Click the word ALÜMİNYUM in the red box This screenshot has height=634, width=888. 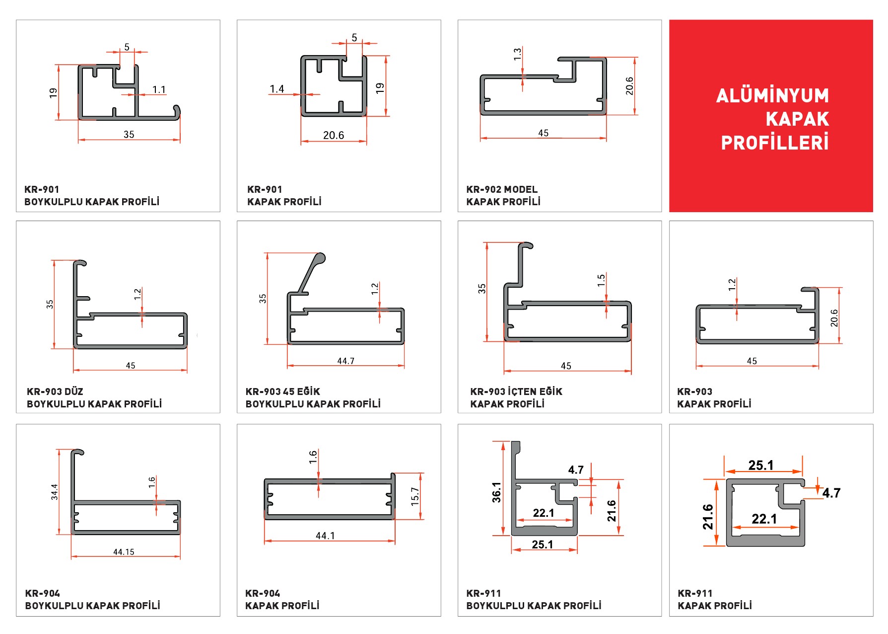(772, 95)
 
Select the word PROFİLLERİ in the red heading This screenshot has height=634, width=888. (775, 143)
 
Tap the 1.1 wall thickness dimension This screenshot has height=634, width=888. (159, 89)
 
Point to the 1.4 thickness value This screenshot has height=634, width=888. (277, 89)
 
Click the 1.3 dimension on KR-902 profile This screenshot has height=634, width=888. (517, 54)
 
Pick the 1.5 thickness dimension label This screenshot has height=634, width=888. (601, 280)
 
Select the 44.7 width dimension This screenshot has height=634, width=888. (345, 361)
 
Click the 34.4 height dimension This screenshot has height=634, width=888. (54, 492)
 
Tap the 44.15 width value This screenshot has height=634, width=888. (124, 552)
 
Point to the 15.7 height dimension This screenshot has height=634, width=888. (415, 496)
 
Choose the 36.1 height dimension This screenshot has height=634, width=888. (496, 492)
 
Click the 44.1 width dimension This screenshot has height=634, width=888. (325, 536)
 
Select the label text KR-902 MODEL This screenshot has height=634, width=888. (502, 189)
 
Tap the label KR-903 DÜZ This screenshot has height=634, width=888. (55, 392)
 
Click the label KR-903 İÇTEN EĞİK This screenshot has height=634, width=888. (516, 392)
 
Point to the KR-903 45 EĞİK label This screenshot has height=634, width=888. (283, 392)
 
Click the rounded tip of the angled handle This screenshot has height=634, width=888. (321, 258)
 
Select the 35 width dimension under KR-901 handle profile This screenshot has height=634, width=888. (129, 135)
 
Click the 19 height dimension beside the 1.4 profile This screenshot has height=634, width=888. (380, 88)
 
